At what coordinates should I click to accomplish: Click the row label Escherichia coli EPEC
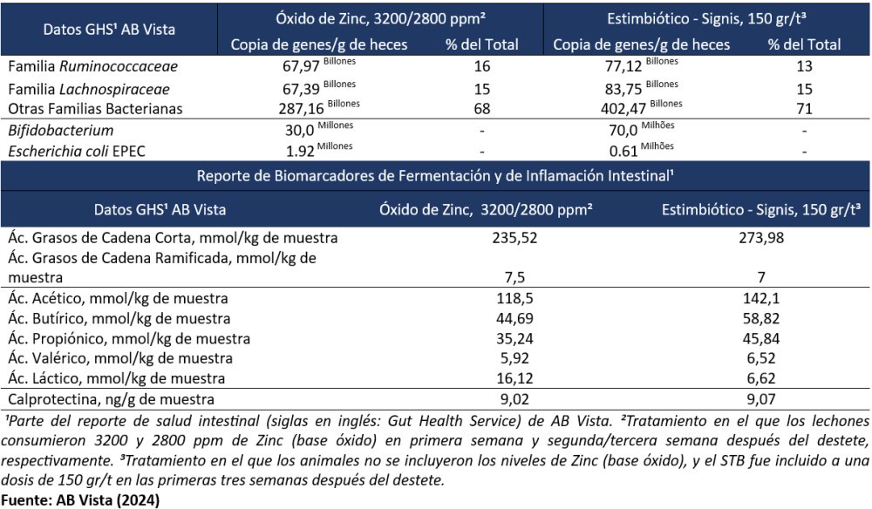(76, 151)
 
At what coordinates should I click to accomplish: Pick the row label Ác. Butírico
(118, 318)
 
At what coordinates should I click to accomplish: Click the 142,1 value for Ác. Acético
(762, 298)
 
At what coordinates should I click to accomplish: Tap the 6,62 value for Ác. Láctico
(762, 378)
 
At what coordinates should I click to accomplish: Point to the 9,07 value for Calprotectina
(762, 399)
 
